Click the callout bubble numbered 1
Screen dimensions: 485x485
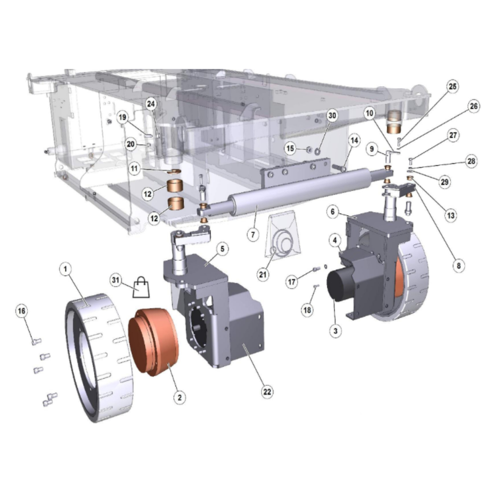point(65,269)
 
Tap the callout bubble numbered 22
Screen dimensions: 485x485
point(267,391)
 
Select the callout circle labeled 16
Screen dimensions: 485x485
point(22,310)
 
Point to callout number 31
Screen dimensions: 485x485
point(116,280)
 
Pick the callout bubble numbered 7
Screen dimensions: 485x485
point(253,234)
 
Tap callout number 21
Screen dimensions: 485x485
point(262,274)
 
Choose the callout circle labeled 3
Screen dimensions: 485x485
point(336,331)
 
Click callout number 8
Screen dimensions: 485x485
point(458,265)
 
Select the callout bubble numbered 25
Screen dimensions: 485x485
point(453,86)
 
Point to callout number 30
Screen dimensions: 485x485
point(332,115)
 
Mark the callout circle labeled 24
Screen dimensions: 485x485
point(151,104)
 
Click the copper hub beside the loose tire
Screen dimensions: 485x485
point(154,342)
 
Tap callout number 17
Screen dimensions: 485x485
point(291,282)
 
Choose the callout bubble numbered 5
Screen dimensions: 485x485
point(222,249)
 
